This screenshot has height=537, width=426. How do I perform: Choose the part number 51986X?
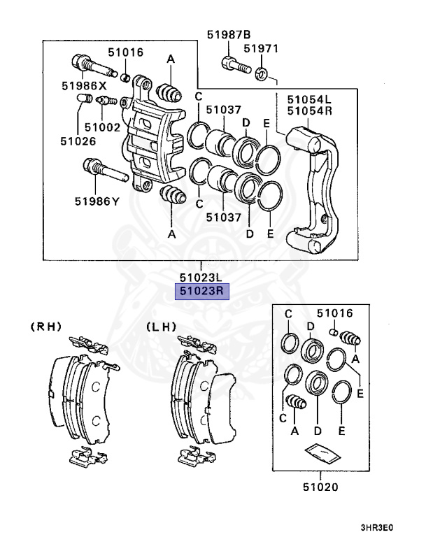coord(83,86)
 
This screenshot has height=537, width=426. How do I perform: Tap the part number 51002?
coord(102,127)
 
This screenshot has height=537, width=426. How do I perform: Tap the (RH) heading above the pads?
coord(45,326)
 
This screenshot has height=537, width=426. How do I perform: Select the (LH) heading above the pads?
coord(162,326)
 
